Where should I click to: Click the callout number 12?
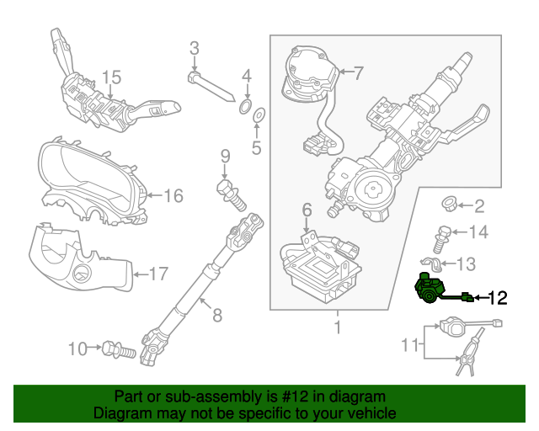tap(498, 297)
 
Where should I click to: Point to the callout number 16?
tap(172, 196)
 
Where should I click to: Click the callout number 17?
tap(158, 273)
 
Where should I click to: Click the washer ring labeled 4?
tap(244, 105)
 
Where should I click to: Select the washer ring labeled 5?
tap(259, 114)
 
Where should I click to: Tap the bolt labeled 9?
tap(229, 191)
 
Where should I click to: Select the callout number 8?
tap(216, 316)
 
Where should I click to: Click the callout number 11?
tap(410, 344)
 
